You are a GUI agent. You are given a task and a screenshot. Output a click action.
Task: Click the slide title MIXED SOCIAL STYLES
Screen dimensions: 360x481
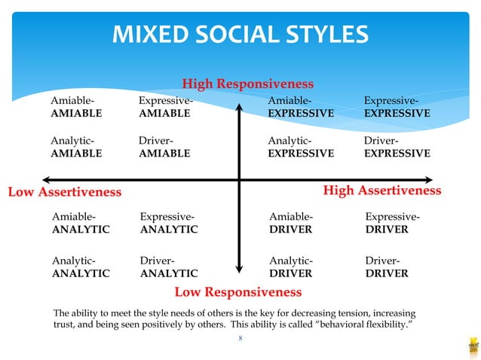[240, 35]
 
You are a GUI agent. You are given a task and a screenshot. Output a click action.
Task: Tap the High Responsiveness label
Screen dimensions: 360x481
[248, 84]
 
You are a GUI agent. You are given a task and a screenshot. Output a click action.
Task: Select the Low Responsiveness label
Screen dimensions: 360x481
[238, 291]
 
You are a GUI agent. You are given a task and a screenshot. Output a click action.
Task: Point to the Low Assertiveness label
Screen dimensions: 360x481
[64, 192]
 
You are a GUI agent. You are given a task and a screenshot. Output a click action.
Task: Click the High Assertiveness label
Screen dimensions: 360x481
[382, 191]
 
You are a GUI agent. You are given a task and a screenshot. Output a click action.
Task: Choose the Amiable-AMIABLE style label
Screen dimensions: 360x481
[76, 107]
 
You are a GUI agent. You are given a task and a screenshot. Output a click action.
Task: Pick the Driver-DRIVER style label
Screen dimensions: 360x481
[387, 267]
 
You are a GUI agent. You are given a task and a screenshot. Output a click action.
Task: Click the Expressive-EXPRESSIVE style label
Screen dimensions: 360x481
[397, 107]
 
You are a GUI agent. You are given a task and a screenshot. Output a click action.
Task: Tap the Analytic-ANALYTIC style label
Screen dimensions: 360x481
[80, 267]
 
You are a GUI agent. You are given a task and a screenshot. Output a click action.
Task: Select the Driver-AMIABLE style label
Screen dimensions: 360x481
[164, 147]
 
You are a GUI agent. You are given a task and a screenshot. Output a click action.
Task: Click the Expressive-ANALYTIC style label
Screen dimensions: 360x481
[169, 224]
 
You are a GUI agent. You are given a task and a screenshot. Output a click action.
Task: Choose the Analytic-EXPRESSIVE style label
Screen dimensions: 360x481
[301, 147]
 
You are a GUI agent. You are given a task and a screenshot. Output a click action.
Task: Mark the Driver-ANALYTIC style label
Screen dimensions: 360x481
[169, 267]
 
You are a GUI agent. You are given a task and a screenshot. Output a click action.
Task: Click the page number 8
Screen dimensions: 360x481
[240, 340]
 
